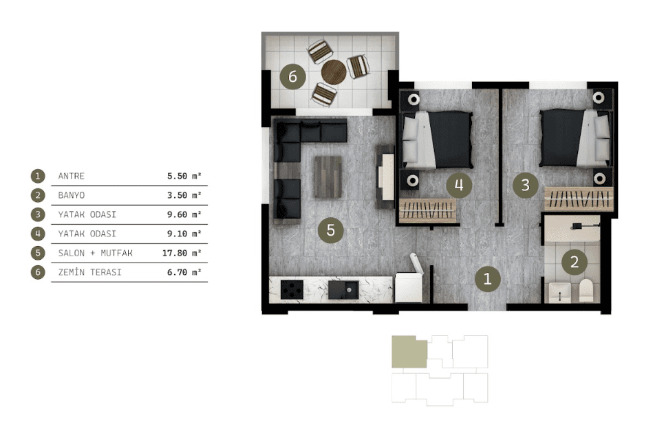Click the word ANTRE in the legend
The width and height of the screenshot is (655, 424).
pyautogui.click(x=71, y=176)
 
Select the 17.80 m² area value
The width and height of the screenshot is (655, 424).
pyautogui.click(x=182, y=253)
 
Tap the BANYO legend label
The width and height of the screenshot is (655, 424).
pyautogui.click(x=72, y=195)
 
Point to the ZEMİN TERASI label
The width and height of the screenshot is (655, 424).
pyautogui.click(x=90, y=272)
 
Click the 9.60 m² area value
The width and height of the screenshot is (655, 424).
pyautogui.click(x=184, y=214)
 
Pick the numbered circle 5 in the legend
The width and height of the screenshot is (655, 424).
pyautogui.click(x=38, y=253)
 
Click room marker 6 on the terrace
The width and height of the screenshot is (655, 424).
pyautogui.click(x=292, y=76)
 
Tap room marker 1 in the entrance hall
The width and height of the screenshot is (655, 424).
pyautogui.click(x=488, y=279)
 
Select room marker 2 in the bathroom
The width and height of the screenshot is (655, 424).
pyautogui.click(x=575, y=262)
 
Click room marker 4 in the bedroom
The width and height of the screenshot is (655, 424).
pyautogui.click(x=459, y=185)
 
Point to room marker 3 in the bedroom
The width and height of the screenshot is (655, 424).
pyautogui.click(x=526, y=185)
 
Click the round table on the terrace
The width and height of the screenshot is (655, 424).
pyautogui.click(x=334, y=71)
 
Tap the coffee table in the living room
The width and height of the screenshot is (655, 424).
pyautogui.click(x=328, y=177)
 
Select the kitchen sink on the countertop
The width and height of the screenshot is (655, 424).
pyautogui.click(x=343, y=289)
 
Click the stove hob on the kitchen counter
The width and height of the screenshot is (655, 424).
pyautogui.click(x=292, y=289)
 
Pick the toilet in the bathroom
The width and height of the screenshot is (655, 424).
pyautogui.click(x=586, y=291)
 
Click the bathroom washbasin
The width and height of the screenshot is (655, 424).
pyautogui.click(x=560, y=292)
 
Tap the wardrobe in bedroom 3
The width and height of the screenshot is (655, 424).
pyautogui.click(x=579, y=199)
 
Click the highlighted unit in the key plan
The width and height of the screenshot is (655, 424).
pyautogui.click(x=409, y=352)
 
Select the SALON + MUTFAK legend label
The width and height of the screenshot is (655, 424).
pyautogui.click(x=95, y=253)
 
